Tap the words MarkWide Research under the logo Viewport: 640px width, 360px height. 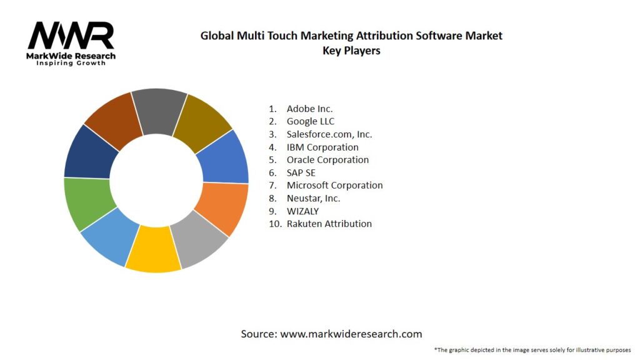pyautogui.click(x=71, y=56)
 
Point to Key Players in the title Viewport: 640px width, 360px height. pyautogui.click(x=351, y=51)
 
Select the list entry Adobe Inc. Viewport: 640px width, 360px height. pyautogui.click(x=309, y=109)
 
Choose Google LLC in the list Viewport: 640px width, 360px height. pyautogui.click(x=311, y=121)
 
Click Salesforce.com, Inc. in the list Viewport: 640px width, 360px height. pyautogui.click(x=329, y=134)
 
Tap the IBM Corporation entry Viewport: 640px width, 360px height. pyautogui.click(x=322, y=147)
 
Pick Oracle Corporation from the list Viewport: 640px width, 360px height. pyautogui.click(x=327, y=159)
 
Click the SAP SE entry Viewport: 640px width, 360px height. pyautogui.click(x=301, y=172)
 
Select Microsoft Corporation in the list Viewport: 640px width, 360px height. pyautogui.click(x=334, y=185)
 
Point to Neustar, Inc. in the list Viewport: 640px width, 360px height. pyautogui.click(x=313, y=198)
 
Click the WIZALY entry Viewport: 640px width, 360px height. pyautogui.click(x=302, y=211)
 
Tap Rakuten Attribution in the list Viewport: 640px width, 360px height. pyautogui.click(x=329, y=224)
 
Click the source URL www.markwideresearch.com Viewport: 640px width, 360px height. pyautogui.click(x=351, y=334)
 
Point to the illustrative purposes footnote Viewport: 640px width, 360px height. pyautogui.click(x=532, y=349)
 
